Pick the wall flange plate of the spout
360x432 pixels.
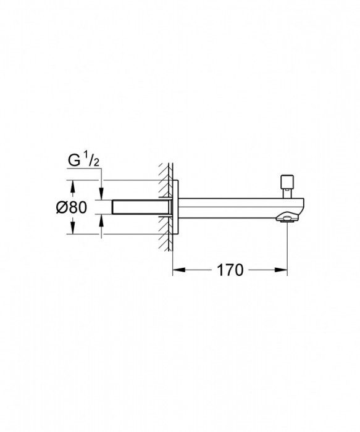[x=176, y=207]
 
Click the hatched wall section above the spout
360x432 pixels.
[x=165, y=176]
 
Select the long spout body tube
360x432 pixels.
[x=235, y=207]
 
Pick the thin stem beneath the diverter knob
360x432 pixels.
[x=287, y=193]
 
